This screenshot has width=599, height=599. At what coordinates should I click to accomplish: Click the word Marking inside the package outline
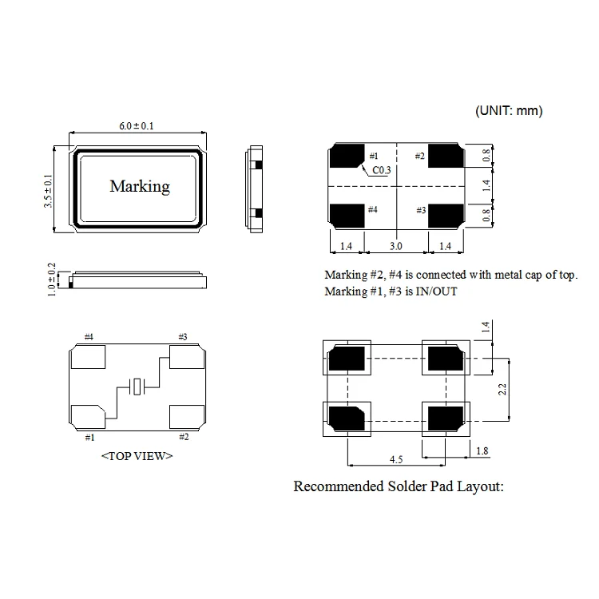point(139,186)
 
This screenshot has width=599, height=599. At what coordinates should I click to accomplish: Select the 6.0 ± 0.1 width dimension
point(136,125)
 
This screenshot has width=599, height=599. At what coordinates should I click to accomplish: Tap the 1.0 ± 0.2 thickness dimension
point(51,277)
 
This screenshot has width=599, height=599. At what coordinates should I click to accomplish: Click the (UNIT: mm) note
point(509,111)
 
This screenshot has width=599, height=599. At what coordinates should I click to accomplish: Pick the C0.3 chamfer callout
point(382,170)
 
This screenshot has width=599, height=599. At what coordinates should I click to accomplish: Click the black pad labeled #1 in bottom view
point(346,157)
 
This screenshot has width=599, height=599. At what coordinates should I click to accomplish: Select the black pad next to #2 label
point(445,157)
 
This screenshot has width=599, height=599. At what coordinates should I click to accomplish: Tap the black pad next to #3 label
point(445,213)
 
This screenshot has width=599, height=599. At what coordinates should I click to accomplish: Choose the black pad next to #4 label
point(346,213)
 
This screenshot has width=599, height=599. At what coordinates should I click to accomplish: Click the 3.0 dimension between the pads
point(395,247)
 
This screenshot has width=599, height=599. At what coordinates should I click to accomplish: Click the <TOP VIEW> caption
point(137,456)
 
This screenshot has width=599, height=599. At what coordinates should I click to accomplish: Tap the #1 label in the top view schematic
point(89,437)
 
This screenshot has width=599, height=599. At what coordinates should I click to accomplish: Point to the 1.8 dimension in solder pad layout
point(482,452)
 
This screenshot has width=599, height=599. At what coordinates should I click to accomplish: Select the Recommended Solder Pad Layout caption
point(399,486)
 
